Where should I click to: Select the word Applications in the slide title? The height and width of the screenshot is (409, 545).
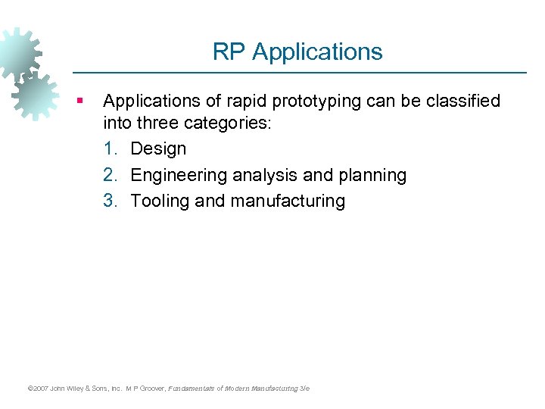[x=317, y=52]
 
